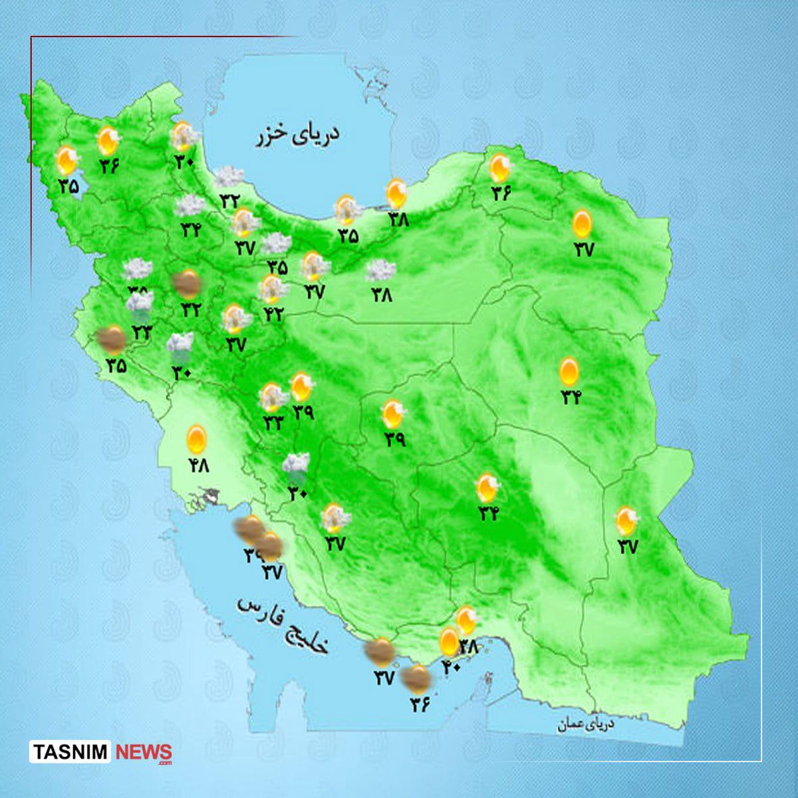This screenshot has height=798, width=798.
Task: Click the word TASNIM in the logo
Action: pyautogui.click(x=72, y=753)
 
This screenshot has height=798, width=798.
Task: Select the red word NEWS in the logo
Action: pyautogui.click(x=144, y=753)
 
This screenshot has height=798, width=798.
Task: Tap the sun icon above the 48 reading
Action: pyautogui.click(x=196, y=438)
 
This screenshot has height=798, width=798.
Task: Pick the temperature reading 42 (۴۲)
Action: pyautogui.click(x=273, y=313)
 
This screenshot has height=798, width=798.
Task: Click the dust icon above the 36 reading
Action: pyautogui.click(x=418, y=678)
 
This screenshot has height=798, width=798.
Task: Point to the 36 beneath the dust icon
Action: pyautogui.click(x=420, y=702)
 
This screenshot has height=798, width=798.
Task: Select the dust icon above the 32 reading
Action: pyautogui.click(x=187, y=284)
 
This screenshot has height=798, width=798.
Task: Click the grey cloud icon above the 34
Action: pyautogui.click(x=190, y=206)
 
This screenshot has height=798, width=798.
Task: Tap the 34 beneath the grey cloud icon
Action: pyautogui.click(x=191, y=230)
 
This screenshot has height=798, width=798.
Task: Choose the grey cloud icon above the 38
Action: pyautogui.click(x=380, y=270)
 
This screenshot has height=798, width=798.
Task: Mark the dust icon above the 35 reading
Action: pyautogui.click(x=112, y=340)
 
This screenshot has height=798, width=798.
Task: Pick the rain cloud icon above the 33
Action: pyautogui.click(x=140, y=305)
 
